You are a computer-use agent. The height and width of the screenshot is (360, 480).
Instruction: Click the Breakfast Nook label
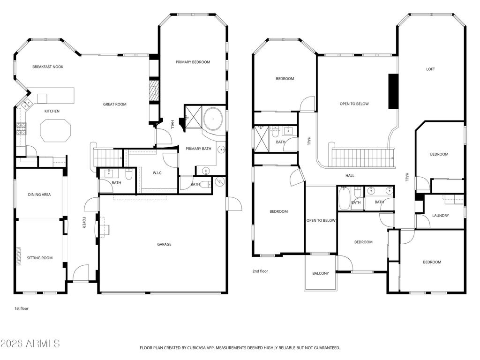pos(48,67)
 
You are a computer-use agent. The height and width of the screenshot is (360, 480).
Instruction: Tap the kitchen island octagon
pos(55,130)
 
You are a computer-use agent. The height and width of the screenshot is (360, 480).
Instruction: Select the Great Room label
pos(115,104)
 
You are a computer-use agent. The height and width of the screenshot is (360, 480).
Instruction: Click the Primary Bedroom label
pos(193,62)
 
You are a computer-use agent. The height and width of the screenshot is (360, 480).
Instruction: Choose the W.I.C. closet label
pos(157,173)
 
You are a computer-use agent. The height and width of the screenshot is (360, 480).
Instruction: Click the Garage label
pos(164,244)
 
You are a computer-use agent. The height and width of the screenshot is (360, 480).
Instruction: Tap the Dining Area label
pos(39,195)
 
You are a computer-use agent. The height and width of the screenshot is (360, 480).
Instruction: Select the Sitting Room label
pos(39,258)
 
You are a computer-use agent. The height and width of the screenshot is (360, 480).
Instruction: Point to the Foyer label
pos(84,223)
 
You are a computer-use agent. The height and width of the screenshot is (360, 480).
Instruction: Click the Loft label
pos(430,69)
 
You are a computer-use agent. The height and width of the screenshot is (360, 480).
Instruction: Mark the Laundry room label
pos(441,216)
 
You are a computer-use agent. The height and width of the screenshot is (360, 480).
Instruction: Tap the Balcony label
pos(321,273)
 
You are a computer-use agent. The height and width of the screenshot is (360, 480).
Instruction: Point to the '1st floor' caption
pos(22,308)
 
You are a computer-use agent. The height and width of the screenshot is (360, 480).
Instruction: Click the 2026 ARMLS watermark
pos(30,344)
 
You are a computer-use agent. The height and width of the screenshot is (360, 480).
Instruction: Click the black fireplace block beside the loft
pos(393,91)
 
